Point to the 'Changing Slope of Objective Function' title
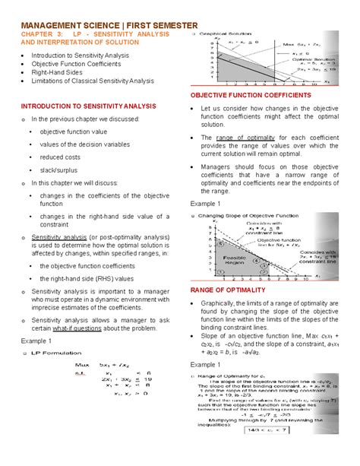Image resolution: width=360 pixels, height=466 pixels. [251, 217]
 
